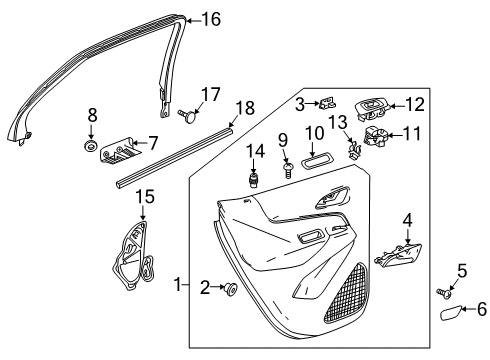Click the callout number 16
pyautogui.click(x=210, y=18)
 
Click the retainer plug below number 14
pyautogui.click(x=254, y=180)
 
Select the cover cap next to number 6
pyautogui.click(x=453, y=314)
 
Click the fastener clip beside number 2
pyautogui.click(x=231, y=289)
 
